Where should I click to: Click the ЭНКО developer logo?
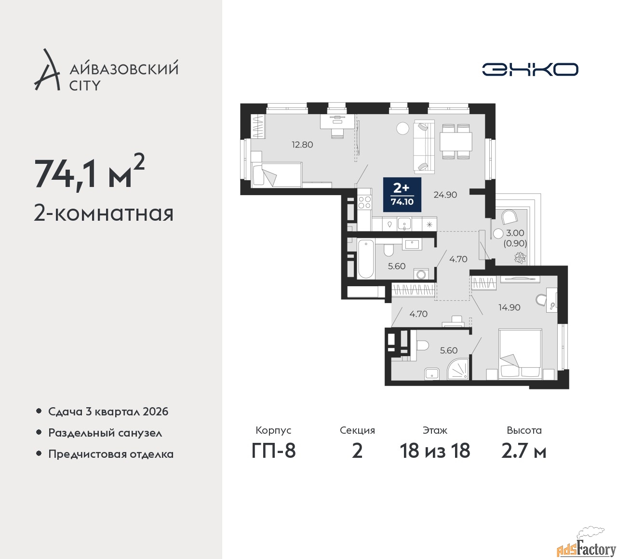pos(530,69)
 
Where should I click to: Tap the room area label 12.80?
pos(302,144)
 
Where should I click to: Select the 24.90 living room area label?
pos(445,194)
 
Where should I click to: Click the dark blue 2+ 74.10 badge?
pos(402,194)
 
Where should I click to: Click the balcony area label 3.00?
pos(515,233)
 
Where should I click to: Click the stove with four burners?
pos(364,202)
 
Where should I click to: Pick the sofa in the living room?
pos(424,146)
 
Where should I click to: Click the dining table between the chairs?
pos(456,142)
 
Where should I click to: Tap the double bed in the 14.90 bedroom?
pos(520,354)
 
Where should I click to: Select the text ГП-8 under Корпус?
pos(273,451)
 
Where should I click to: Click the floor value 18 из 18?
pos(435,451)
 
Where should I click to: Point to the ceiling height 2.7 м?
pos(524,451)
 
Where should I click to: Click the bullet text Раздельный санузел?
pos(105,433)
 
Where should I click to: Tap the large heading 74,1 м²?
pos(89,174)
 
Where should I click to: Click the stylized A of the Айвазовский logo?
pos(47,69)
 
